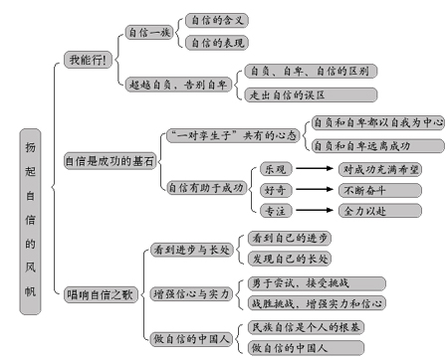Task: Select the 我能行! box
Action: [x=87, y=61]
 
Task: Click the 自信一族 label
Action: [x=151, y=33]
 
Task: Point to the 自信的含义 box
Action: [x=216, y=20]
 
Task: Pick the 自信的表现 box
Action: [x=216, y=43]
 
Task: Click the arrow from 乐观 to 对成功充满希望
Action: [x=313, y=169]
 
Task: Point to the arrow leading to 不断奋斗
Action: [x=313, y=190]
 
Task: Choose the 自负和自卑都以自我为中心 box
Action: [x=376, y=122]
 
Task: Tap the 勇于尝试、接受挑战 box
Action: [x=301, y=281]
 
